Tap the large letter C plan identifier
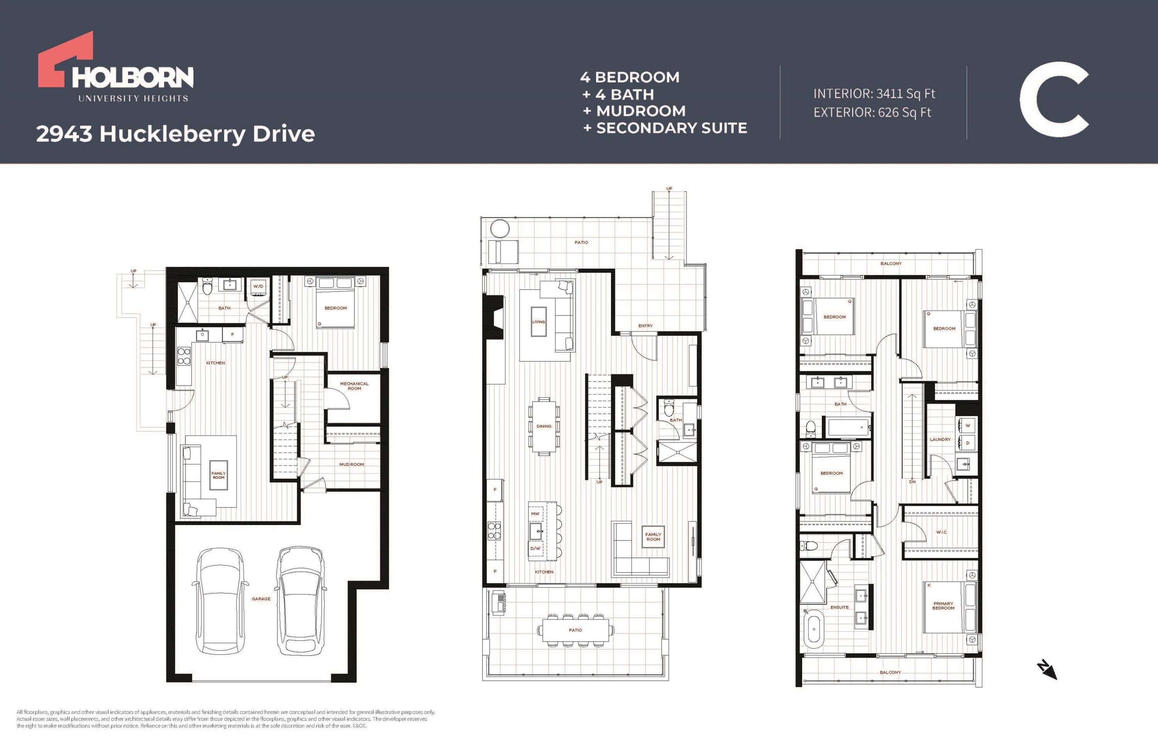(x=1053, y=99)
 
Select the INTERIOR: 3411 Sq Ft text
(x=874, y=93)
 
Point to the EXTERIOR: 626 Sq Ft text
(x=872, y=112)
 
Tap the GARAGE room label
(x=261, y=599)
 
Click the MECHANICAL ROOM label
(x=354, y=386)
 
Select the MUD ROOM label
(x=352, y=464)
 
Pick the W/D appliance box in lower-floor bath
(x=258, y=286)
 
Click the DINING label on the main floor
(x=544, y=427)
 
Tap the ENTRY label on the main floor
(x=646, y=326)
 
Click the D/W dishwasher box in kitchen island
(x=535, y=549)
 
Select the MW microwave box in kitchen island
(x=535, y=513)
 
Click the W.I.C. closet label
(x=942, y=532)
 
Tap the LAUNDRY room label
(x=940, y=440)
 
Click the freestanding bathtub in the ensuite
(x=814, y=629)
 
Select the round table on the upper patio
(x=500, y=228)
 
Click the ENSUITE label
(x=840, y=607)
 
